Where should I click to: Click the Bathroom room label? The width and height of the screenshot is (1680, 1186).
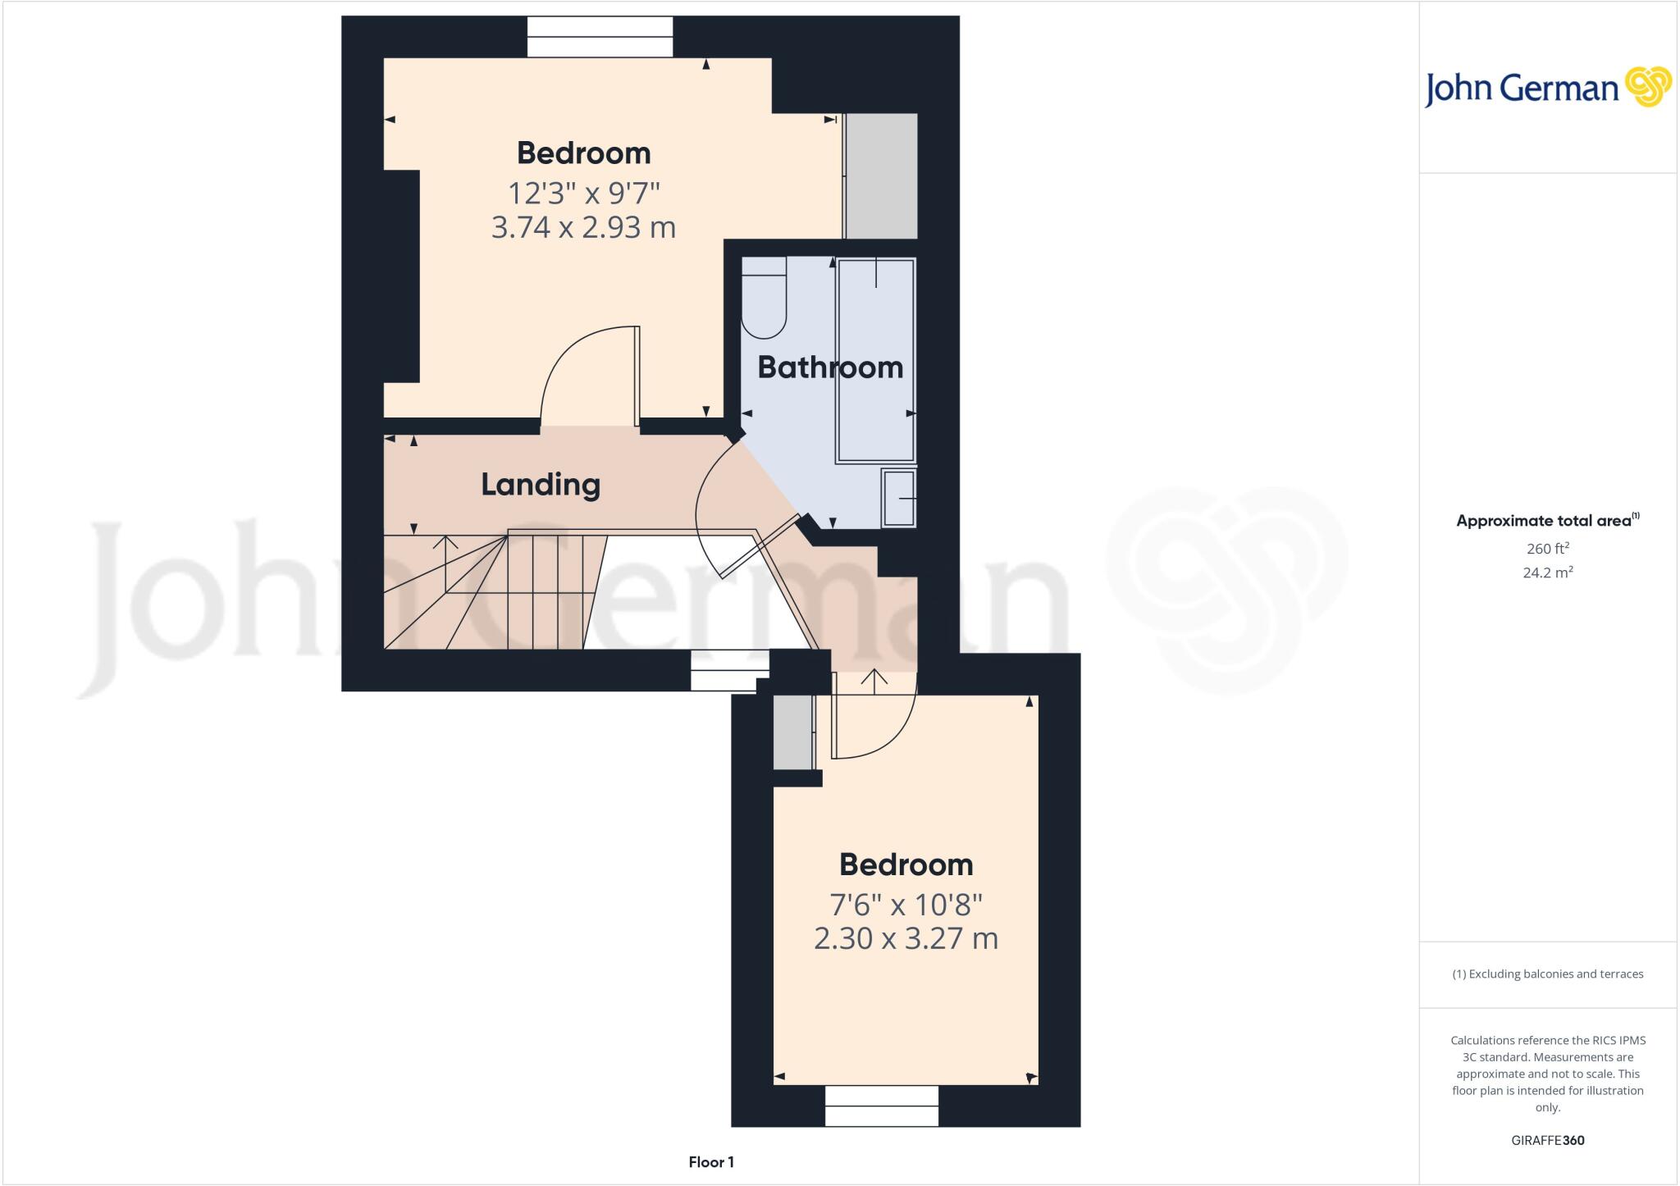(829, 367)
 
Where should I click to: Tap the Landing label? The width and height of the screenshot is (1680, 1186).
(540, 485)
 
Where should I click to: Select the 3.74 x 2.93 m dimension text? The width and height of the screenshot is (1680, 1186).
(583, 227)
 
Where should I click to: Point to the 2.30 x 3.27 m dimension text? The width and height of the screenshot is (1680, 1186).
(906, 938)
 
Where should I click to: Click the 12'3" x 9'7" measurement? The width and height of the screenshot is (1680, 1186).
(583, 194)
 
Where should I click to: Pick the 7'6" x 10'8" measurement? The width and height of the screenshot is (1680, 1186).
(906, 905)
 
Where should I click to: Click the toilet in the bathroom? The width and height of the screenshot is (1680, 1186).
(764, 297)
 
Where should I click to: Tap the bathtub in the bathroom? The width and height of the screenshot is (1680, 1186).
(875, 361)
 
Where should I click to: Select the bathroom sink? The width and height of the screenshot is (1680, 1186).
(899, 498)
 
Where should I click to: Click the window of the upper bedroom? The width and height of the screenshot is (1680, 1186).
(600, 37)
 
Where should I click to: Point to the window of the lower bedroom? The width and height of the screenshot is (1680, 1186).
(881, 1105)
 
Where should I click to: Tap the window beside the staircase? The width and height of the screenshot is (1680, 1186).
(728, 669)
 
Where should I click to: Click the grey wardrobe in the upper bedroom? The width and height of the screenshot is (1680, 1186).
(881, 176)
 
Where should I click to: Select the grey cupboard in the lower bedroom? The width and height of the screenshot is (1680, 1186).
(793, 732)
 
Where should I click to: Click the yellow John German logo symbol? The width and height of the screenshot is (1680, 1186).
(1647, 87)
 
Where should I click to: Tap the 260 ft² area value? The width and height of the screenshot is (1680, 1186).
(1547, 549)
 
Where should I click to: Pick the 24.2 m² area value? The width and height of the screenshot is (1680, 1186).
(1547, 572)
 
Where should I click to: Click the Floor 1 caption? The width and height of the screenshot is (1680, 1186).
(711, 1162)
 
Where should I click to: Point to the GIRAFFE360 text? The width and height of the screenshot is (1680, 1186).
(1547, 1140)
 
